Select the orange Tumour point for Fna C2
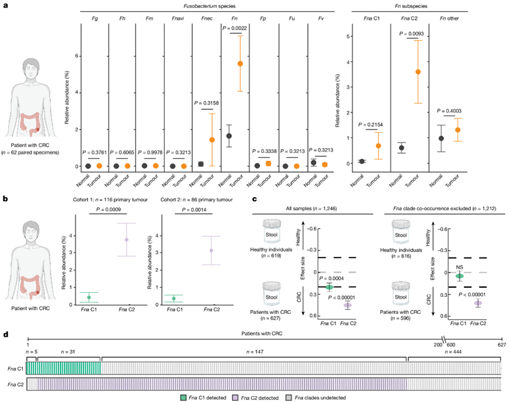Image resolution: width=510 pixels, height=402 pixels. pyautogui.click(x=417, y=72)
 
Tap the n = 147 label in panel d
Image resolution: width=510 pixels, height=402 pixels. pyautogui.click(x=253, y=352)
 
